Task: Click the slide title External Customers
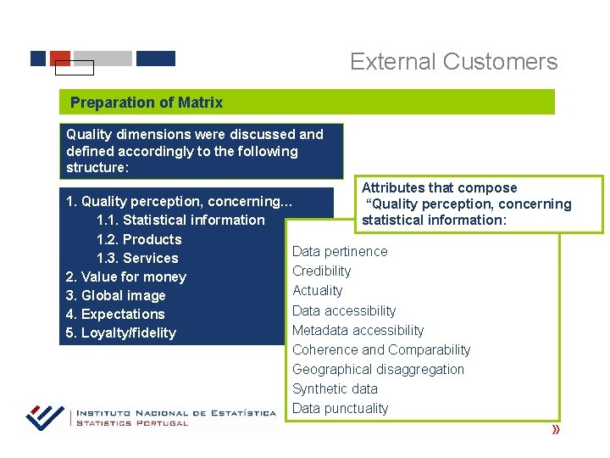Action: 453,62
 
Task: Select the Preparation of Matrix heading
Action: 147,103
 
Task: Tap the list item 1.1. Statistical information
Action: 180,221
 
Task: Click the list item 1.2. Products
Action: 139,239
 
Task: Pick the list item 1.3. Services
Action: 137,258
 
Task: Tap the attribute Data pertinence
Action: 340,251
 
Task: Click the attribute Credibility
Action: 321,271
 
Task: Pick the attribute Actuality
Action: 318,290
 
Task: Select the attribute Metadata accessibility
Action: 358,330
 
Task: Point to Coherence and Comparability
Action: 381,349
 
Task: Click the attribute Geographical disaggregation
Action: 378,369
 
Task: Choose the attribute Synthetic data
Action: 335,388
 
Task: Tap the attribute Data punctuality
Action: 340,408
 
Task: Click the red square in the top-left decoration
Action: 60,58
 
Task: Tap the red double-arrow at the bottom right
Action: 556,431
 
